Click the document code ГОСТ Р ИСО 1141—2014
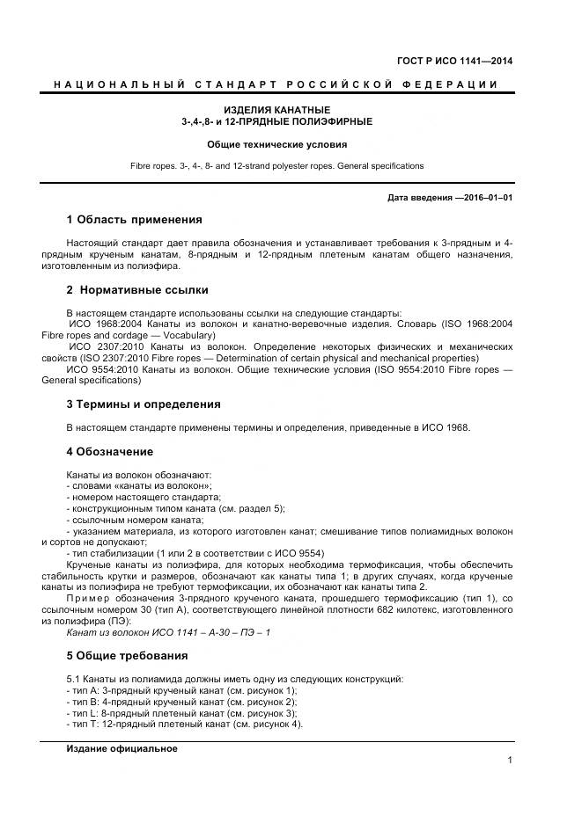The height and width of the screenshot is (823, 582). (x=455, y=61)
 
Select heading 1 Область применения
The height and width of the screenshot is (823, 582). (x=134, y=220)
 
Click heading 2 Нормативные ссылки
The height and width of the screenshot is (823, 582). (x=137, y=289)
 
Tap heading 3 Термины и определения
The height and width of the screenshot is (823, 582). (x=144, y=404)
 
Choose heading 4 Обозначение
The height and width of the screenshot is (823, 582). (x=110, y=452)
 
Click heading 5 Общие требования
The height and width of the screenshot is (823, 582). (x=128, y=656)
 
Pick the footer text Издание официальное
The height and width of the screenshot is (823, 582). (x=122, y=748)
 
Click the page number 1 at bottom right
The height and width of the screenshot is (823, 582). (x=510, y=761)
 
